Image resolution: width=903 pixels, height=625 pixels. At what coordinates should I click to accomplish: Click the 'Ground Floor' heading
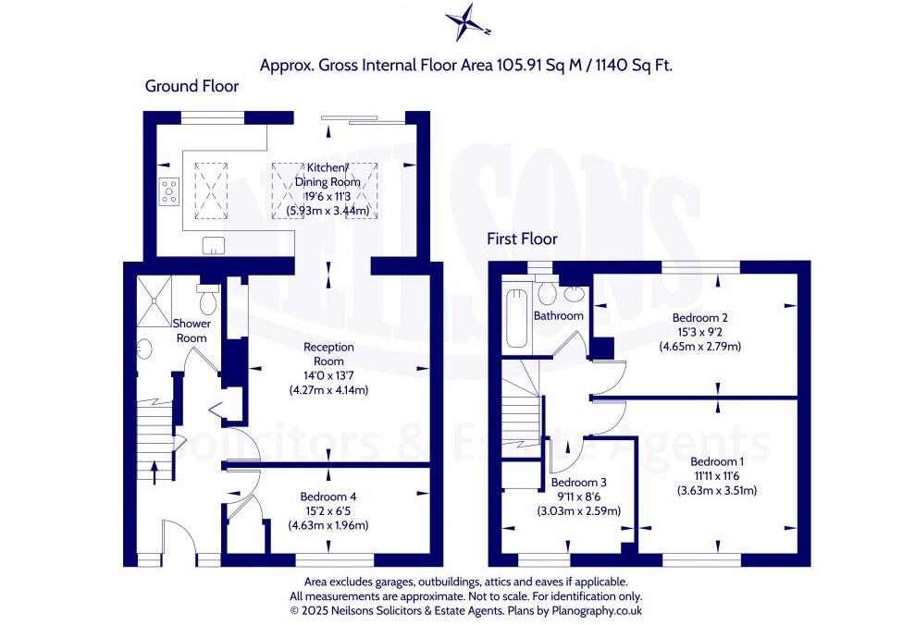point(192,86)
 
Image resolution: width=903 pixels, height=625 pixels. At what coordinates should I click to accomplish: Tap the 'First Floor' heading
point(522,239)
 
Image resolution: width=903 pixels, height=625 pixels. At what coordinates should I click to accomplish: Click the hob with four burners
point(170,191)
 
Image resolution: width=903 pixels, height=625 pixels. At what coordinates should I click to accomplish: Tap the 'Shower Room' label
point(192,331)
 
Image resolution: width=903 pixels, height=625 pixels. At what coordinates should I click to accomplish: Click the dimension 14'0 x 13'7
point(330,374)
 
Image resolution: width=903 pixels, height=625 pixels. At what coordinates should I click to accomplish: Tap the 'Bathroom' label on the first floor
point(559,315)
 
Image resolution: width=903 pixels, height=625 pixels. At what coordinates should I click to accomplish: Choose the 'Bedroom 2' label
point(699,317)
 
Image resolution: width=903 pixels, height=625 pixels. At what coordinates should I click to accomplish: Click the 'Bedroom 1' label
point(717,460)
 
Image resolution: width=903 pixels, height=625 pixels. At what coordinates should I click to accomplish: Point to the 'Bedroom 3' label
point(578,483)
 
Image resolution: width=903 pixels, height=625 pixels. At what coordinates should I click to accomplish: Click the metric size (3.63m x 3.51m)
point(717,490)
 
